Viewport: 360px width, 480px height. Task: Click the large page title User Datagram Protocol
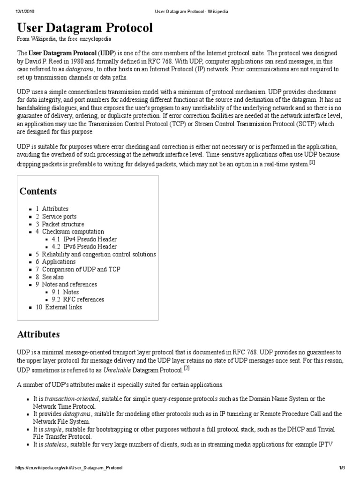coord(85,28)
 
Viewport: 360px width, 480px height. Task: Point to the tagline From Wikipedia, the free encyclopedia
coord(64,39)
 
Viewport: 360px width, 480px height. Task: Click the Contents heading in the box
coord(38,191)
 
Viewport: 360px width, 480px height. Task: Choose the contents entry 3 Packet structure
coord(60,224)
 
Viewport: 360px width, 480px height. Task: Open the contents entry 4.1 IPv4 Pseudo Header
coord(84,239)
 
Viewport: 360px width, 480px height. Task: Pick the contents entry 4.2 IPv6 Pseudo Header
coord(84,247)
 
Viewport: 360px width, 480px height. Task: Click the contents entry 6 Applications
coord(55,262)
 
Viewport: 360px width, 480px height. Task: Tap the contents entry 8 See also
coord(50,277)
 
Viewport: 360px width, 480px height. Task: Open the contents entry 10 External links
coord(59,307)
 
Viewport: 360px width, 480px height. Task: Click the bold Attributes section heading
coord(38,334)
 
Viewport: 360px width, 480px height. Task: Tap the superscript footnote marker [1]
coord(312,162)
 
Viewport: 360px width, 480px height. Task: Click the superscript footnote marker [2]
coord(186,368)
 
